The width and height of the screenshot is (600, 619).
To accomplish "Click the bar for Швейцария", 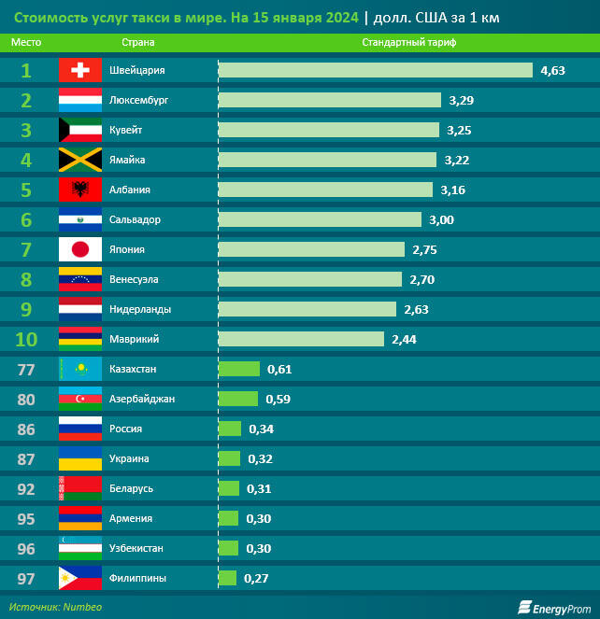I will tap(375, 70).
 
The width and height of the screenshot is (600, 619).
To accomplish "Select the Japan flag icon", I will tap(80, 249).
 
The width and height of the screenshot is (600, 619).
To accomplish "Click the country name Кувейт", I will tap(126, 130).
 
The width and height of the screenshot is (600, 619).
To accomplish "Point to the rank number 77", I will tap(26, 369).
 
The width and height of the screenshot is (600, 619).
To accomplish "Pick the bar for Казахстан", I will tap(239, 369).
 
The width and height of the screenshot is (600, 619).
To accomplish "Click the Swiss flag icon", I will tap(80, 70).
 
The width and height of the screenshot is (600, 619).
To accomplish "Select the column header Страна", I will tap(138, 43).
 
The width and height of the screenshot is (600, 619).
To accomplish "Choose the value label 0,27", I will tap(255, 578).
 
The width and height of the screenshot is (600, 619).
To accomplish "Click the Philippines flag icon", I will tap(80, 578).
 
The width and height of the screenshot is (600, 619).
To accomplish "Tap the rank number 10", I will tap(26, 339).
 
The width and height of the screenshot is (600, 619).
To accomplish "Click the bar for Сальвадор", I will tap(319, 219).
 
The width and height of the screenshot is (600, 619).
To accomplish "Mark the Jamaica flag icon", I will tap(80, 160).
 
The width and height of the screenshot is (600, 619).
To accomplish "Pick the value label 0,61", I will tap(279, 369).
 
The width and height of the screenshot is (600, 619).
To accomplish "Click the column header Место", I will tap(26, 43).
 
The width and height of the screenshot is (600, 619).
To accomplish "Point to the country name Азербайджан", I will tap(142, 399).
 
